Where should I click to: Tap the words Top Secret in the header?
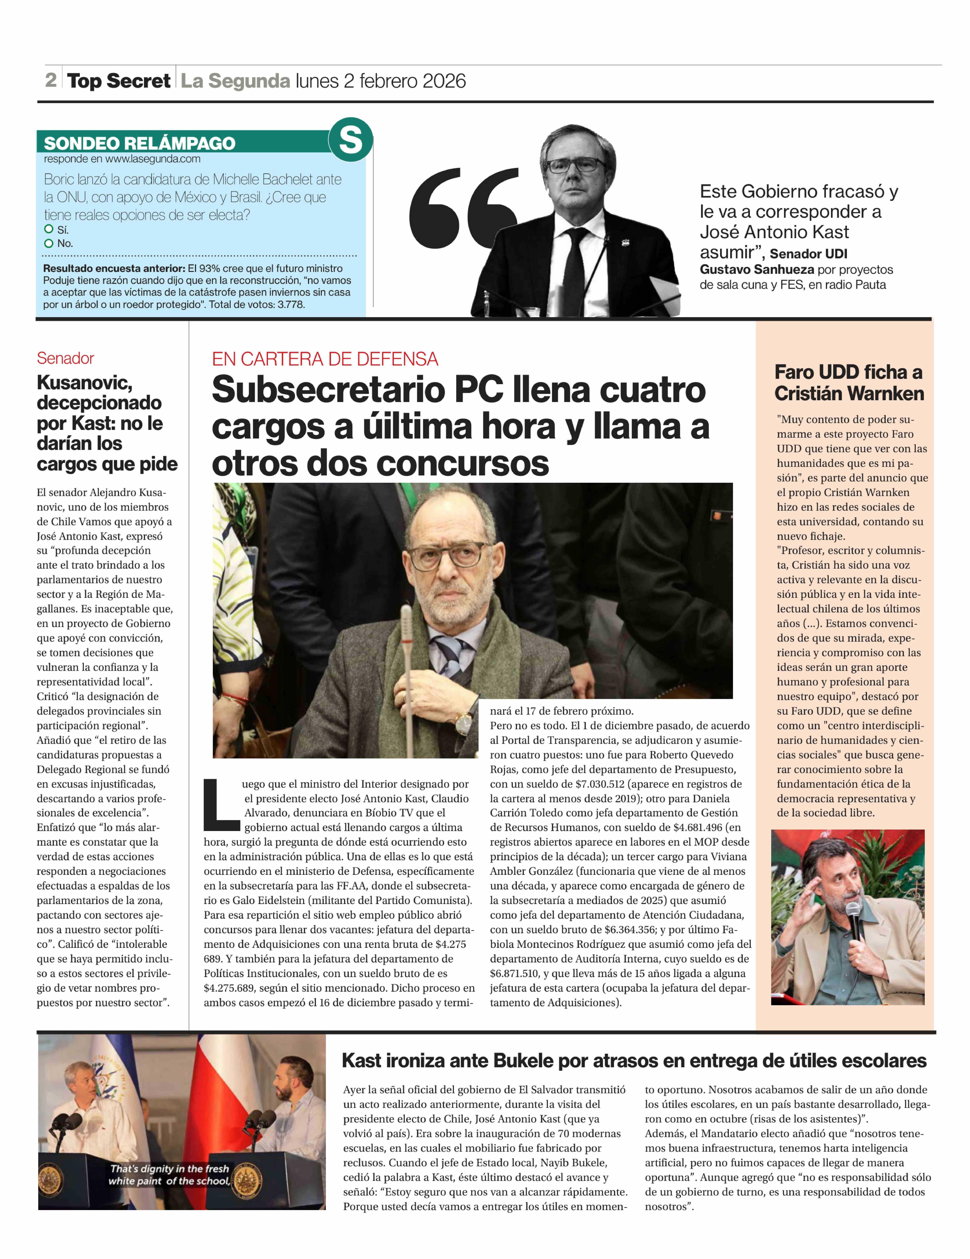[119, 81]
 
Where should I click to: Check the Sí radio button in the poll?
[49, 229]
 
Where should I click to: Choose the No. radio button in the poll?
[49, 243]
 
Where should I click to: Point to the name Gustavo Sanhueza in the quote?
[756, 269]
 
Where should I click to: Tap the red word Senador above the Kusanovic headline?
[65, 358]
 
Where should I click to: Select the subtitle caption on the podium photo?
[169, 1175]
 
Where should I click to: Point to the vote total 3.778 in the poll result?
[291, 304]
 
